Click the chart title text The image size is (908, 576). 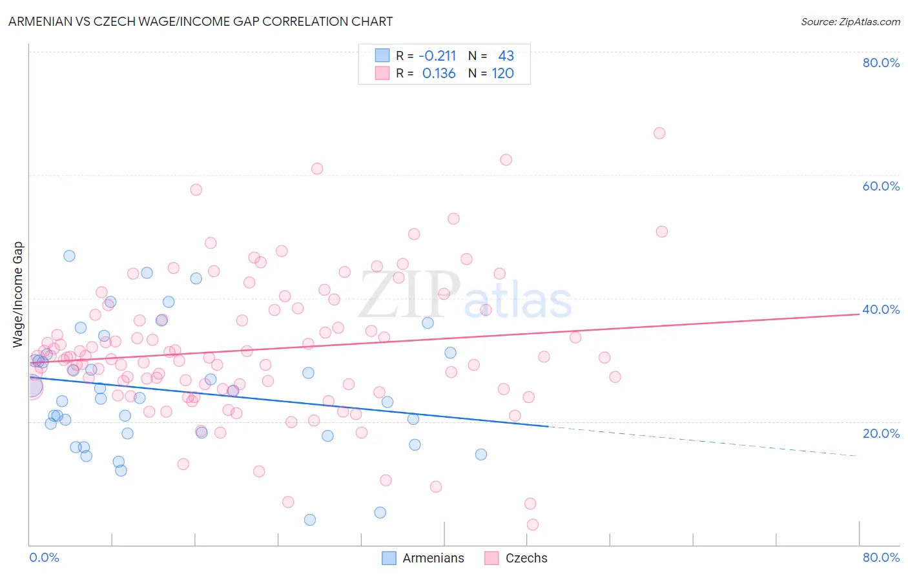pos(200,21)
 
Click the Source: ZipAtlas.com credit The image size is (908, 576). pos(850,21)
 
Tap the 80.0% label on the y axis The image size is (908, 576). pos(881,63)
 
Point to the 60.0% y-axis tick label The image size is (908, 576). pos(881,186)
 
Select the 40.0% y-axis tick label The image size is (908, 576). pos(881,309)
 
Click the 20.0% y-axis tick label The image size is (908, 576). pos(881,433)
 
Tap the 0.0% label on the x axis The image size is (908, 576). pos(44,557)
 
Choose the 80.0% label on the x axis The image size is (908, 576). pos(881,557)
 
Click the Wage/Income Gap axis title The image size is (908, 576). pos(18,294)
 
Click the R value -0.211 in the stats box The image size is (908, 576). pos(437,56)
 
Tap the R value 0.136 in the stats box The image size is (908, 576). pos(439,74)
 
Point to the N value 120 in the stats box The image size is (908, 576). pos(502,74)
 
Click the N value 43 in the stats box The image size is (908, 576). pos(506,56)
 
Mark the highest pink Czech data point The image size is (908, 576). pos(659,133)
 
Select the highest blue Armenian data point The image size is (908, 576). pos(69,256)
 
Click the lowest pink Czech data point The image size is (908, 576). pos(533,524)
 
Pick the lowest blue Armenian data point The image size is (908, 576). pos(310,520)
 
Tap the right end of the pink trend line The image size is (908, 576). pos(859,314)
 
